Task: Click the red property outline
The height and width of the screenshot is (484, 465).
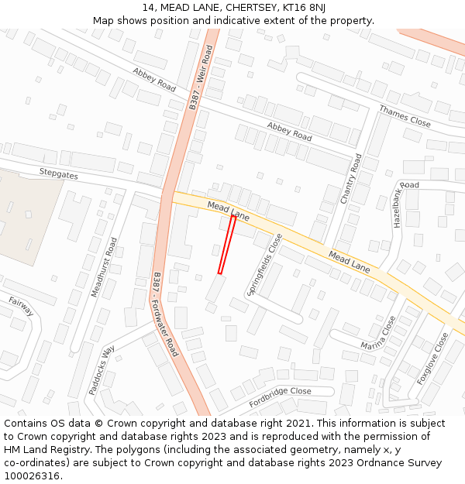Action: [x=227, y=244]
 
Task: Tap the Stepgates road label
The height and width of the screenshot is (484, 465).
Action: [x=59, y=174]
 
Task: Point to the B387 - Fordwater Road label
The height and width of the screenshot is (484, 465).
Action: [x=165, y=314]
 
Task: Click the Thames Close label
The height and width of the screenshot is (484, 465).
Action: [x=405, y=116]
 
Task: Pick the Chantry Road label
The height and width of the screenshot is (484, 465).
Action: [x=350, y=179]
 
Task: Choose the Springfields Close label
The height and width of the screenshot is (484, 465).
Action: [x=265, y=264]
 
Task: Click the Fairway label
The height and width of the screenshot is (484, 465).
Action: [x=21, y=306]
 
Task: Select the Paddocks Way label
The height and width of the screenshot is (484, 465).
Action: [x=102, y=370]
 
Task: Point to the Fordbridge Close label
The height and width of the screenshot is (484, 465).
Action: [x=280, y=396]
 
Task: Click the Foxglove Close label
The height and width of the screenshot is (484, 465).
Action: [x=432, y=359]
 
